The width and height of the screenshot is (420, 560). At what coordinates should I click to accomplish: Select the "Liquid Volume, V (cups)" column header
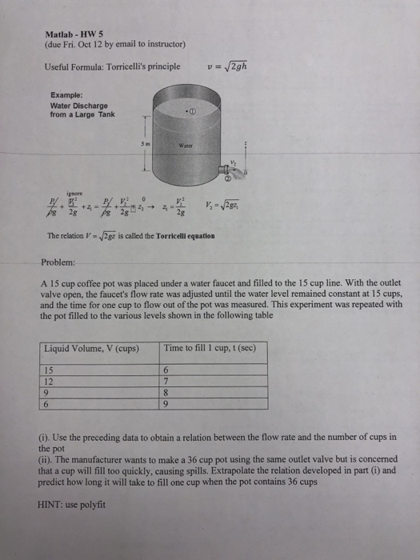[x=90, y=348]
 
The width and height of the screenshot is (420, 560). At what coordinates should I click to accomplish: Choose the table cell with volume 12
[x=50, y=380]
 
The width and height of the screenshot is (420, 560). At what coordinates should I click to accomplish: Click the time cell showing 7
[x=166, y=381]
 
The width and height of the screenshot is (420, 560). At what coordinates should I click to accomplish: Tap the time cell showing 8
[x=166, y=392]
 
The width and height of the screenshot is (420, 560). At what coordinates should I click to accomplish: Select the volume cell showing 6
[x=47, y=403]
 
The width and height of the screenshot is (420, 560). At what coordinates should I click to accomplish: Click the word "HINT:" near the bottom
[x=52, y=504]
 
